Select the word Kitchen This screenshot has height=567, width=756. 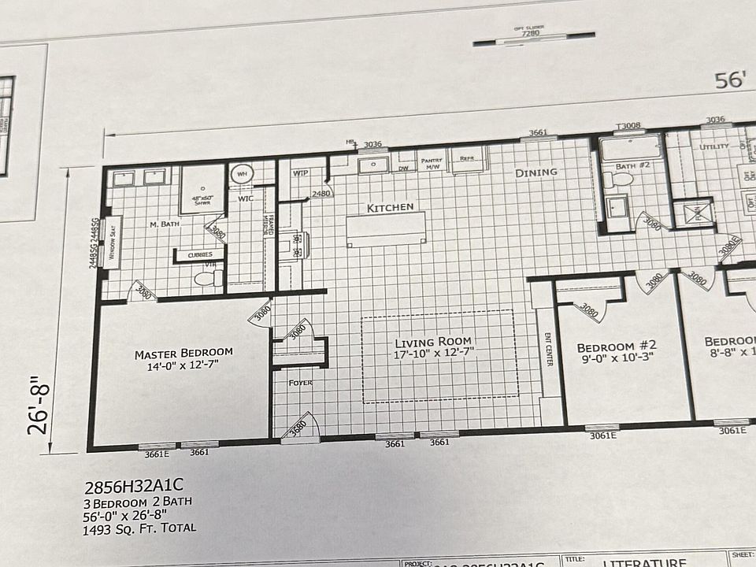[390, 208]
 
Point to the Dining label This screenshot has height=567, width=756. [536, 172]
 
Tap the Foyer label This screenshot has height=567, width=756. [300, 384]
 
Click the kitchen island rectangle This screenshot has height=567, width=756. [386, 229]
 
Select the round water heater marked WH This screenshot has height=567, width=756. [240, 174]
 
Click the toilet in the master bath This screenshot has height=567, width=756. [211, 278]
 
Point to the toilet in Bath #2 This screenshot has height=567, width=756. [622, 180]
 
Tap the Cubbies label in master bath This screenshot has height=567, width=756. [194, 255]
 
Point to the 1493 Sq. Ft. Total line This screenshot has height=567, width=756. [139, 528]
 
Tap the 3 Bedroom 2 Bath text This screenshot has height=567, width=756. [135, 502]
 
